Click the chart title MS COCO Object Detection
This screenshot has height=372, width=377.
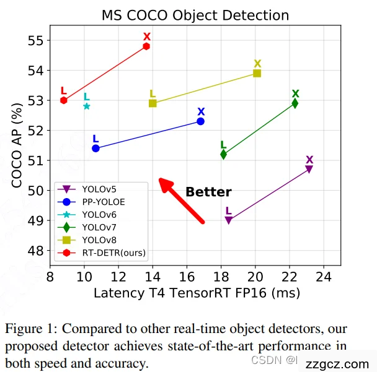(x=196, y=14)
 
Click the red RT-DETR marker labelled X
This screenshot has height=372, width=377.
(x=146, y=46)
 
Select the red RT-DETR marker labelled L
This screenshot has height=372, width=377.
(x=63, y=100)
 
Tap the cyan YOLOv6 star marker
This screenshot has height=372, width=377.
(x=87, y=106)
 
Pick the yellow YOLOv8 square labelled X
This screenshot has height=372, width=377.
(x=257, y=73)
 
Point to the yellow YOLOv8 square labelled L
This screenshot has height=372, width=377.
(x=153, y=103)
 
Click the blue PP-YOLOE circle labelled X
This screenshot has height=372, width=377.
(x=201, y=121)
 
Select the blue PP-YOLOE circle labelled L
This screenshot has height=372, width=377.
(x=95, y=149)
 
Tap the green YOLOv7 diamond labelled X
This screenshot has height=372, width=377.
(x=295, y=103)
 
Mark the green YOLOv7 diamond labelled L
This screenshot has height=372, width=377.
(x=223, y=154)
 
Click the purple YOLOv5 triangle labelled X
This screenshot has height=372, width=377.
(x=309, y=169)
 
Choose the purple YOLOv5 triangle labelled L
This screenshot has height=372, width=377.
(x=228, y=220)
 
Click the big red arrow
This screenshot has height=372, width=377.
(x=181, y=200)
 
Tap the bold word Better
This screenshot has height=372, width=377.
(x=208, y=192)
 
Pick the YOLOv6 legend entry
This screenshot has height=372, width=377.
(x=99, y=214)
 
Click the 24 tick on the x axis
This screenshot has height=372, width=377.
(x=323, y=277)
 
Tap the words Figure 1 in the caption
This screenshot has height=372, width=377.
(x=31, y=328)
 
